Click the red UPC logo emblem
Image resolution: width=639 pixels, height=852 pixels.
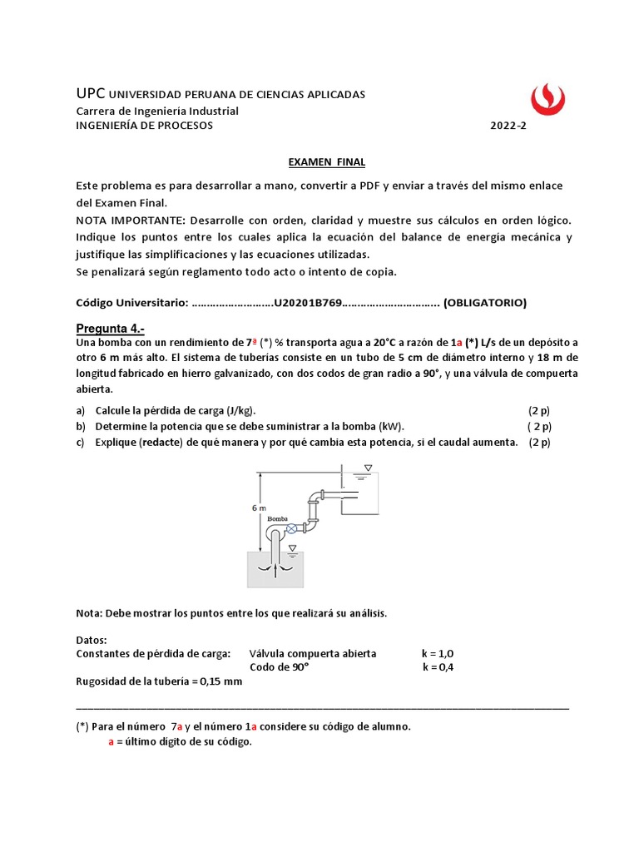click(547, 98)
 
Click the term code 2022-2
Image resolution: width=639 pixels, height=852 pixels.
click(508, 126)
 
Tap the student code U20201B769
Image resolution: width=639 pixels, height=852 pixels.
click(308, 303)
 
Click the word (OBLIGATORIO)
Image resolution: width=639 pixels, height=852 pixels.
click(485, 303)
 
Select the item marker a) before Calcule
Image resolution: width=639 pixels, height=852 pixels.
click(81, 411)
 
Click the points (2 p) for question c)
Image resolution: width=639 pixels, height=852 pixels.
click(539, 442)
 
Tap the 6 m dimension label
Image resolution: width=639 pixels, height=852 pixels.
click(258, 508)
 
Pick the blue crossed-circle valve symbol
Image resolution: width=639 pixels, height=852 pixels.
click(291, 529)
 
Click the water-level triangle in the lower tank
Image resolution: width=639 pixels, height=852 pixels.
click(292, 547)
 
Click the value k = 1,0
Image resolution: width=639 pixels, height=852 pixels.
click(438, 653)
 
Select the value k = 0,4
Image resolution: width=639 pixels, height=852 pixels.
click(438, 667)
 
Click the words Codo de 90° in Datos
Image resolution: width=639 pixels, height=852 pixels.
click(279, 667)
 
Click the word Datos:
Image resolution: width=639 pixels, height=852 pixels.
click(92, 640)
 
